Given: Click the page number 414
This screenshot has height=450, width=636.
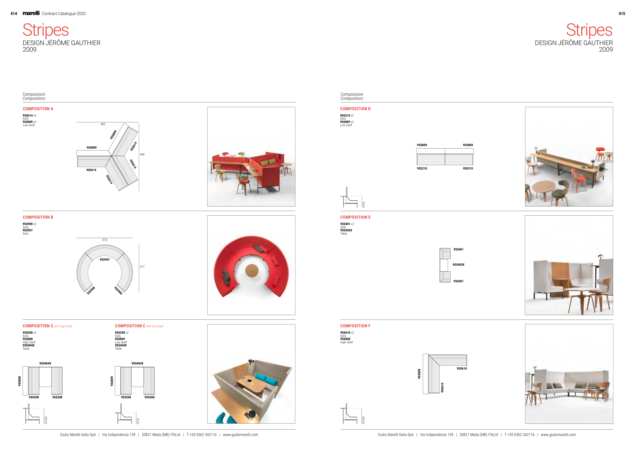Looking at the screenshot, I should click(x=13, y=13).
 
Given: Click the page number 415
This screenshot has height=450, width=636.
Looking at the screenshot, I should click(x=621, y=13).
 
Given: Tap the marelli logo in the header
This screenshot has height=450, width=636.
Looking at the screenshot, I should click(x=31, y=13).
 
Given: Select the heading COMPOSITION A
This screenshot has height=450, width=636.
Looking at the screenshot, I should click(x=38, y=109).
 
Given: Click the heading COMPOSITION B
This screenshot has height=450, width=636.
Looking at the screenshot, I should click(x=38, y=217).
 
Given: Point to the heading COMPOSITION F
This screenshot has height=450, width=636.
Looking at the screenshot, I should click(x=355, y=326).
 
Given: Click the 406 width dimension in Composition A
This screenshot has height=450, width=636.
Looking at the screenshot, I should click(x=103, y=124).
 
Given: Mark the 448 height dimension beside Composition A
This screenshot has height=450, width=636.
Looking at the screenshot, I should click(x=142, y=154).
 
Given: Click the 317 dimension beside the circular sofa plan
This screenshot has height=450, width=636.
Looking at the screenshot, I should click(x=142, y=266).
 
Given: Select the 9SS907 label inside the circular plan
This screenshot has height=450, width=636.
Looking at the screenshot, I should click(x=105, y=260).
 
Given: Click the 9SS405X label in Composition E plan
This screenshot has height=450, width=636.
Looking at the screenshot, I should click(x=458, y=265).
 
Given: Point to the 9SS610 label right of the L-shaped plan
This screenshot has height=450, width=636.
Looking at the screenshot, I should click(x=462, y=369).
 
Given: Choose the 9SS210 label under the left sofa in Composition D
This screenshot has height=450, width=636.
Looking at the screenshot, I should click(x=422, y=168).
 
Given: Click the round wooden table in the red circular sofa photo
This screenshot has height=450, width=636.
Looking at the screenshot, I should click(x=252, y=271).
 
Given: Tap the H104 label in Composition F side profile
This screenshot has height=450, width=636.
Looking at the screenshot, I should click(x=364, y=420).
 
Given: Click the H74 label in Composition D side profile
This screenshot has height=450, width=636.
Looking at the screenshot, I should click(x=364, y=204).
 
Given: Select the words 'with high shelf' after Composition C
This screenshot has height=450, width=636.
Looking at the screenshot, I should click(x=63, y=326).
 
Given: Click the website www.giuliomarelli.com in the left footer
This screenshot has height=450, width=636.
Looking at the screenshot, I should click(x=240, y=435).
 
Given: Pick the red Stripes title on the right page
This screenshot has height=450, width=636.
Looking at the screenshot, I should click(x=589, y=30).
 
